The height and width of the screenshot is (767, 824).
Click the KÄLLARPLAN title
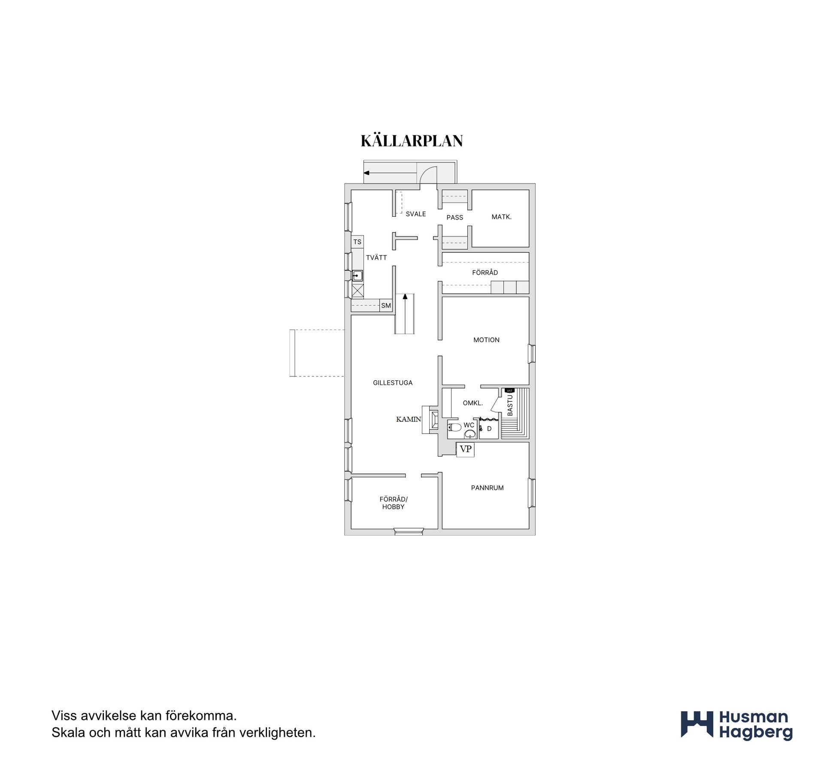click(x=412, y=140)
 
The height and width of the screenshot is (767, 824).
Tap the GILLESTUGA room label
click(x=393, y=383)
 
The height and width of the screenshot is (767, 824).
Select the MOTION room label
click(x=486, y=340)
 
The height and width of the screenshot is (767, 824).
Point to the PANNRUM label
click(x=487, y=488)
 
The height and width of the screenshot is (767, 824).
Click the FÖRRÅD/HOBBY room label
click(x=394, y=503)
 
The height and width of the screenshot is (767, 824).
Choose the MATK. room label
click(x=501, y=217)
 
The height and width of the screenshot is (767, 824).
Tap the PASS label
click(x=454, y=217)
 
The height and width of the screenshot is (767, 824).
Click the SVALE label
click(x=416, y=214)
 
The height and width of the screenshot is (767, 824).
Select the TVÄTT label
click(x=376, y=258)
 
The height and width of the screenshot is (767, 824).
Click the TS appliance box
click(x=357, y=242)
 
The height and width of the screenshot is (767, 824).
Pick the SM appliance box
click(x=386, y=306)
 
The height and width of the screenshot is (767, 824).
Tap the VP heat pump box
click(x=465, y=449)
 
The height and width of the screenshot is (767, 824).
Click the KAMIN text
click(x=409, y=419)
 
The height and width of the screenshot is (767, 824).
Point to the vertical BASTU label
click(x=510, y=405)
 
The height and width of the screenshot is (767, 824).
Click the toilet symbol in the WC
click(x=454, y=427)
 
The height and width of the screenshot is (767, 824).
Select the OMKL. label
click(x=473, y=403)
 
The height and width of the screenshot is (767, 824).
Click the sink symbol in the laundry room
click(x=357, y=276)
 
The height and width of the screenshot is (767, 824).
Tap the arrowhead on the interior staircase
click(x=405, y=296)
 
